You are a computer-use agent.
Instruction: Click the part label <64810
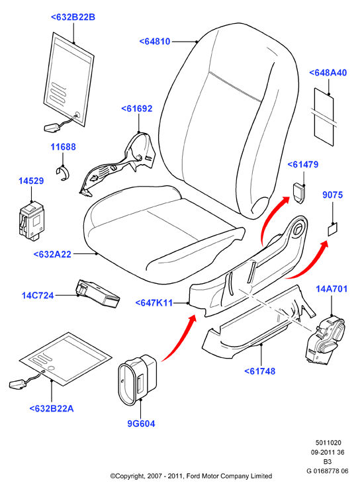[x=155, y=42]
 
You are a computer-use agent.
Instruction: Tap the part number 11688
[x=63, y=147]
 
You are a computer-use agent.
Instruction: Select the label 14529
[x=31, y=181]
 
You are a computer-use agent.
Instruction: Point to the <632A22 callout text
[x=52, y=254]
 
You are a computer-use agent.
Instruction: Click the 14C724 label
[x=38, y=295]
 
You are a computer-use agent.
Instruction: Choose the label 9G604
[x=141, y=423]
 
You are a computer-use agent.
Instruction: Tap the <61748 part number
[x=259, y=371]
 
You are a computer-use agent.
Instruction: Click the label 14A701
[x=332, y=289]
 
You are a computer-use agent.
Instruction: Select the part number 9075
[x=332, y=195]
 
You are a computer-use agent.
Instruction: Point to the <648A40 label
[x=328, y=73]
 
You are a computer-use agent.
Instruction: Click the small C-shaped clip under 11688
[x=64, y=174]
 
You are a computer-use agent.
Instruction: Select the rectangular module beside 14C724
[x=98, y=293]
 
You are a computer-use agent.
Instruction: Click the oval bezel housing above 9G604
[x=136, y=380]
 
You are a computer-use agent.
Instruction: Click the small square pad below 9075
[x=333, y=230]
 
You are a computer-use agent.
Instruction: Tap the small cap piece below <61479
[x=299, y=193]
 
